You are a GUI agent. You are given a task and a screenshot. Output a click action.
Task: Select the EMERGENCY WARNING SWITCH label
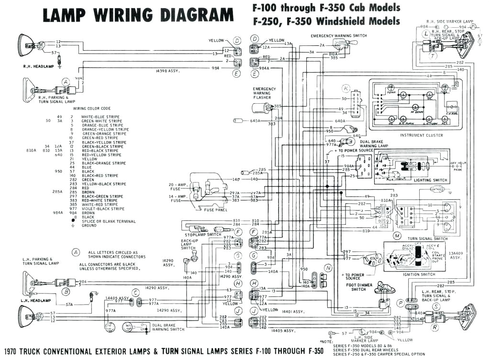coord(338,36)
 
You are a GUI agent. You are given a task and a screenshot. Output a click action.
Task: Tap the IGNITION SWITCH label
coord(419,274)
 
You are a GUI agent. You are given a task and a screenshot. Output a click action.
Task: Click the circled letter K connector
coord(345,87)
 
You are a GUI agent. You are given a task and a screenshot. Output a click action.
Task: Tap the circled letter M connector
coord(397,236)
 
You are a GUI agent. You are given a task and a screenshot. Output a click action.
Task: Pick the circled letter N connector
coord(328,268)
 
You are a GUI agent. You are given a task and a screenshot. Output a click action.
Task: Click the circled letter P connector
coord(400,303)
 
